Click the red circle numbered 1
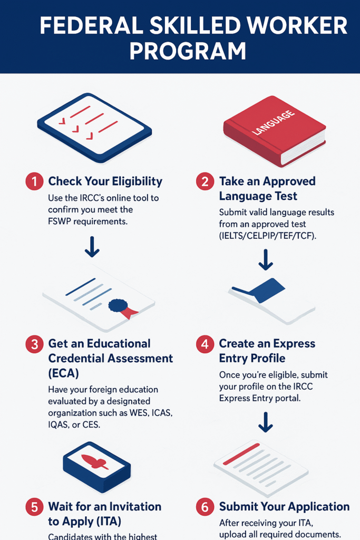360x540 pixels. point(34,181)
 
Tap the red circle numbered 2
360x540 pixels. point(205,181)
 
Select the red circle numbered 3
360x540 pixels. point(34,344)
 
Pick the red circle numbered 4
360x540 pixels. point(205,344)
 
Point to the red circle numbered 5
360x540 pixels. point(34,507)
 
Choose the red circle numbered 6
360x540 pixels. point(205,507)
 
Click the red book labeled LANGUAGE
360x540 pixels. point(274,131)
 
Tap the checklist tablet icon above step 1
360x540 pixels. point(94,128)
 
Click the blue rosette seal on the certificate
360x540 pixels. point(118,305)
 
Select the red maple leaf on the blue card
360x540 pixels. point(95,461)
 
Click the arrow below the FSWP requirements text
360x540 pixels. point(92,247)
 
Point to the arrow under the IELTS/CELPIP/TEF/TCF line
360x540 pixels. point(266,259)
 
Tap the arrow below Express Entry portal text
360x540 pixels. point(266,422)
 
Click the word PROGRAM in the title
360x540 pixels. point(188,51)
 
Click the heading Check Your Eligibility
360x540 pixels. point(105,181)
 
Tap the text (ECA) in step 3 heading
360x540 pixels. point(64,373)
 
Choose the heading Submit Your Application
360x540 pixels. point(284,507)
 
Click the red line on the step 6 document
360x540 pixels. point(241,454)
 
